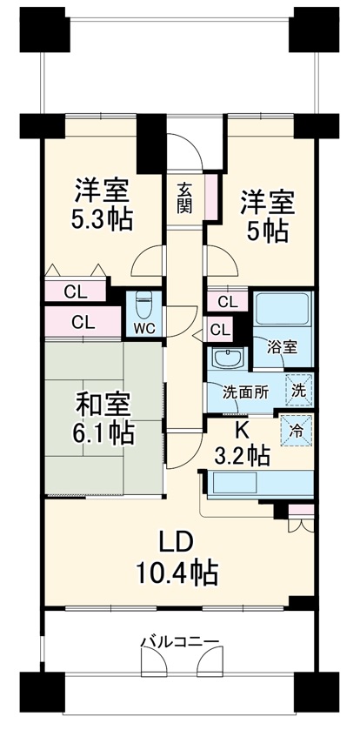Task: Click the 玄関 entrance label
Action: (185, 198)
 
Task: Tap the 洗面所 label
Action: (244, 391)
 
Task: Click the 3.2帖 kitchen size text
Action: (242, 453)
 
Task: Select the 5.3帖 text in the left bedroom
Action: (102, 219)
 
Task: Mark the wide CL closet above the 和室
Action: (83, 321)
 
